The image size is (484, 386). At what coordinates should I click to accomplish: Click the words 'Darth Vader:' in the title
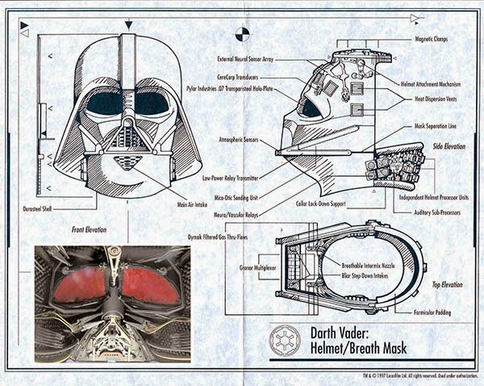point(340,331)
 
